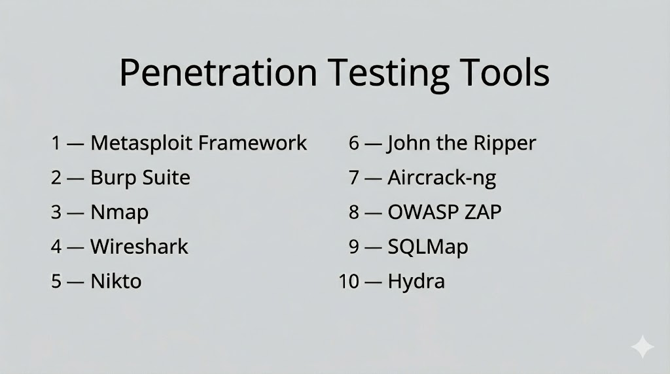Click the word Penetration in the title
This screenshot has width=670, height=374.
coord(218,72)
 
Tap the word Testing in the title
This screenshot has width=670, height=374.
coord(388,75)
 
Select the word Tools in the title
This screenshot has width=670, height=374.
coord(504,72)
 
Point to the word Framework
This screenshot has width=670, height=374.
coord(253,143)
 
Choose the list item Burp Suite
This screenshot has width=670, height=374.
coord(140,178)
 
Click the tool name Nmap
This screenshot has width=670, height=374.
coord(119,212)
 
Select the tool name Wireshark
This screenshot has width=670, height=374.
coord(139,246)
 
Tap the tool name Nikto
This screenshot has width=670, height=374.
coord(116,281)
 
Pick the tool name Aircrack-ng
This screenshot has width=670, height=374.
coord(442,178)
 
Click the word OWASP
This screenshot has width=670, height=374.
coord(421,212)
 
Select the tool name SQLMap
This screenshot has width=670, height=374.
coord(428,247)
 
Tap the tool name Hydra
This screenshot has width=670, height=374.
coord(416,282)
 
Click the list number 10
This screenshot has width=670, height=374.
coord(349,281)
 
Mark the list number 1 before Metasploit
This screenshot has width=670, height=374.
coord(56,143)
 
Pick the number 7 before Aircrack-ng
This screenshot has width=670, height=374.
coord(354,178)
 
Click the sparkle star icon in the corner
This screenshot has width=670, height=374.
coord(643,347)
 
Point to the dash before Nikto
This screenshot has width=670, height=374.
coord(75,282)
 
